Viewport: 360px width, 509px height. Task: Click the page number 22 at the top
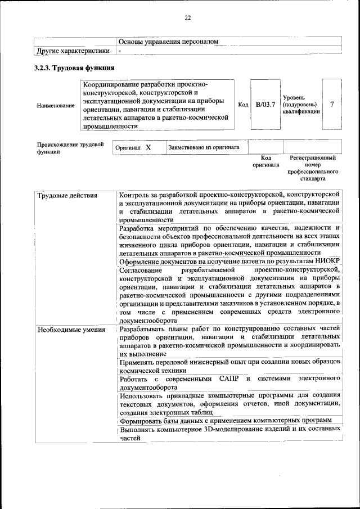[x=188, y=18]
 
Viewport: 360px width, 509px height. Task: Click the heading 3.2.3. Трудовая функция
[x=75, y=68]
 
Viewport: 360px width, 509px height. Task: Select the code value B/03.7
[x=265, y=105]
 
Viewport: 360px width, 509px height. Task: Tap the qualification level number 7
[x=332, y=105]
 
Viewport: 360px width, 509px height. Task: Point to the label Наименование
[x=55, y=105]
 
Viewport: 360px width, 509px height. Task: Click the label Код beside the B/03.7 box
[x=243, y=105]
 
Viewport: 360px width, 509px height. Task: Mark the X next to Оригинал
[x=148, y=147]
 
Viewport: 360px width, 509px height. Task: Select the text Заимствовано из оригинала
[x=204, y=147]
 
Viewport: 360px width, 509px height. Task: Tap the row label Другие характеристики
[x=73, y=51]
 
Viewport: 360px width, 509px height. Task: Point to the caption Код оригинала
[x=265, y=162]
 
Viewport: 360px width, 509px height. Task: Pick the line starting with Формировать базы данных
[x=224, y=420]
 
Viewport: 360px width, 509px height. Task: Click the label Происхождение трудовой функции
[x=70, y=148]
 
